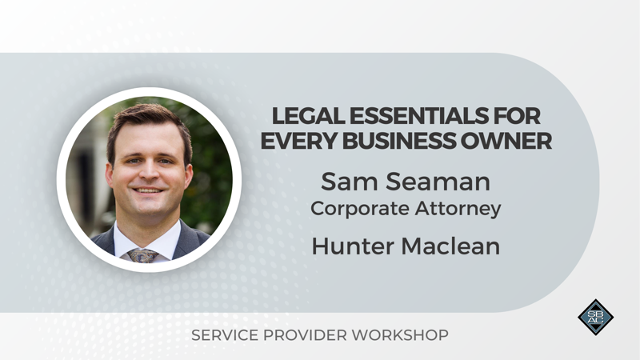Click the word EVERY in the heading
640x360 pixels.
pos(298,142)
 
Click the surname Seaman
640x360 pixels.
pos(438,182)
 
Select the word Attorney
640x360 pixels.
pos(458,209)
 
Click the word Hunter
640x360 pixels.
pos(354,246)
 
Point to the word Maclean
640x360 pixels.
pos(450,246)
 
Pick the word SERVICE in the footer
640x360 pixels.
pos(225,335)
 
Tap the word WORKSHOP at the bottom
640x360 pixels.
pos(400,335)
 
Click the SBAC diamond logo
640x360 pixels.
pos(595,317)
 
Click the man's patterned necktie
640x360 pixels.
pos(142,255)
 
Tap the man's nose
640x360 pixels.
pos(149,172)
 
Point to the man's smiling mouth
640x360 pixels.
pos(148,190)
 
